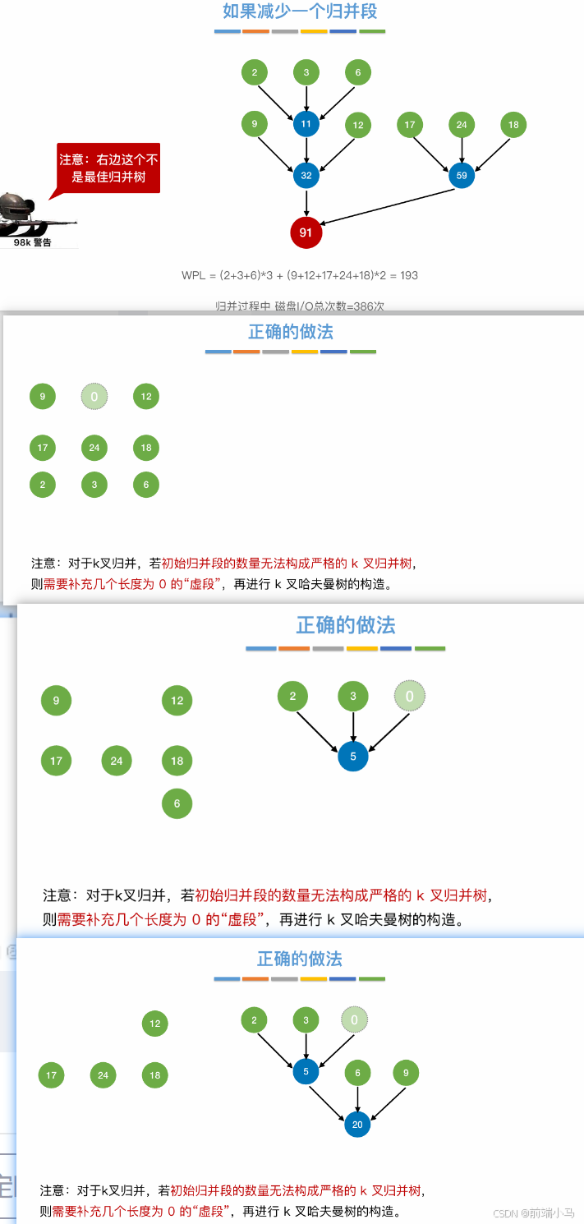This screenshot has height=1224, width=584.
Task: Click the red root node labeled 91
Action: click(x=306, y=232)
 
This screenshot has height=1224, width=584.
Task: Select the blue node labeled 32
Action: click(x=306, y=175)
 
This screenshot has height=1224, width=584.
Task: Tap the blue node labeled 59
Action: click(x=462, y=175)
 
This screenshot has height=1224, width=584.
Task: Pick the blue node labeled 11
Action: click(x=306, y=125)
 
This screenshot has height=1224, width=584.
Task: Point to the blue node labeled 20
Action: click(x=357, y=1125)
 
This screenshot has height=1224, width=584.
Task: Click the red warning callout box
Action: click(x=108, y=168)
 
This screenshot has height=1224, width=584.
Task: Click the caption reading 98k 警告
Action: click(x=33, y=242)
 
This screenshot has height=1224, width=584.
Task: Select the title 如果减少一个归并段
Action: click(x=300, y=12)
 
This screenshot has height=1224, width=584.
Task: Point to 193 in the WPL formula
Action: click(x=408, y=275)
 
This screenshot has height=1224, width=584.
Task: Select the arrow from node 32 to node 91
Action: click(x=306, y=203)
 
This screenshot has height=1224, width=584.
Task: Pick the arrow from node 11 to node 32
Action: click(x=306, y=150)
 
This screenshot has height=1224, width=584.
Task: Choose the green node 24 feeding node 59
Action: click(x=462, y=125)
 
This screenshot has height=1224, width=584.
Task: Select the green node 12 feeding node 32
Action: click(x=357, y=126)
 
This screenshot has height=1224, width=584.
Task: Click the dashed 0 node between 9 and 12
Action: click(x=94, y=397)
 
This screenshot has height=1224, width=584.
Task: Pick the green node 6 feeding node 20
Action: click(x=357, y=1073)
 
